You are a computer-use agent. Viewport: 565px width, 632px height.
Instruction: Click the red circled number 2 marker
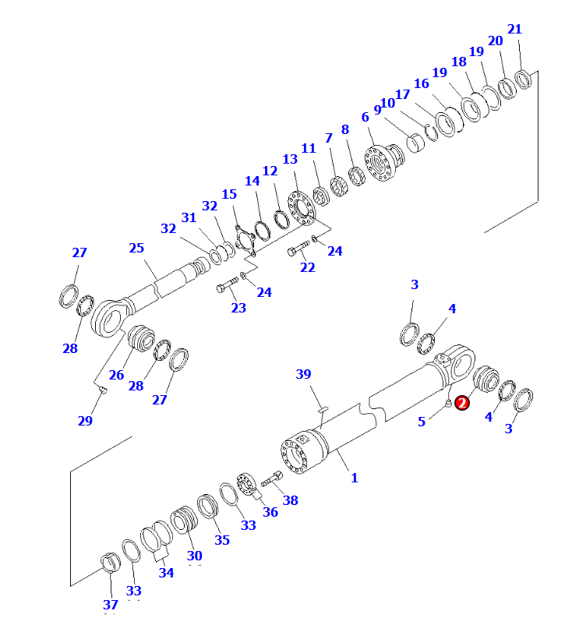tap(462, 403)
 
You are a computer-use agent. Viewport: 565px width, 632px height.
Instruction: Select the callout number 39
tap(304, 375)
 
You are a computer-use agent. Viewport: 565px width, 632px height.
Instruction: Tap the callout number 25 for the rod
tap(136, 248)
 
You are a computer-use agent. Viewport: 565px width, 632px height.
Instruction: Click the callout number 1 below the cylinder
tap(354, 477)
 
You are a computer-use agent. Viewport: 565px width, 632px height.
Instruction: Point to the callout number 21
tap(514, 30)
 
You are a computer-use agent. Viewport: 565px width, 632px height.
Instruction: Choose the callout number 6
tap(365, 117)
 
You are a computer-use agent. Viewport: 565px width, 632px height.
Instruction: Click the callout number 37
tap(111, 604)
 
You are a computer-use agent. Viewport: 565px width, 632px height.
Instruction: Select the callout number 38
tap(291, 500)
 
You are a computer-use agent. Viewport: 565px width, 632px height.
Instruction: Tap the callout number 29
tap(85, 421)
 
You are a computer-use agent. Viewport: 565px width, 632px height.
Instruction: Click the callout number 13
tap(290, 159)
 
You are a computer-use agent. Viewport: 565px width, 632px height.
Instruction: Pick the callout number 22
tap(308, 267)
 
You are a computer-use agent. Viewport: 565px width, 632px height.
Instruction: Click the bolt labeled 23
tap(225, 288)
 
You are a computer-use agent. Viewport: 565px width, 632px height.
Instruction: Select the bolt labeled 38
tap(272, 481)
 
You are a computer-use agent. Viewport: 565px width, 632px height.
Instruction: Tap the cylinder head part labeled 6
tap(384, 164)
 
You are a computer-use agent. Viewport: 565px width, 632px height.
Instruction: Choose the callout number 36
tap(270, 512)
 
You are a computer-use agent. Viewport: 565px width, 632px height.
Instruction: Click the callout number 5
tap(422, 421)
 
